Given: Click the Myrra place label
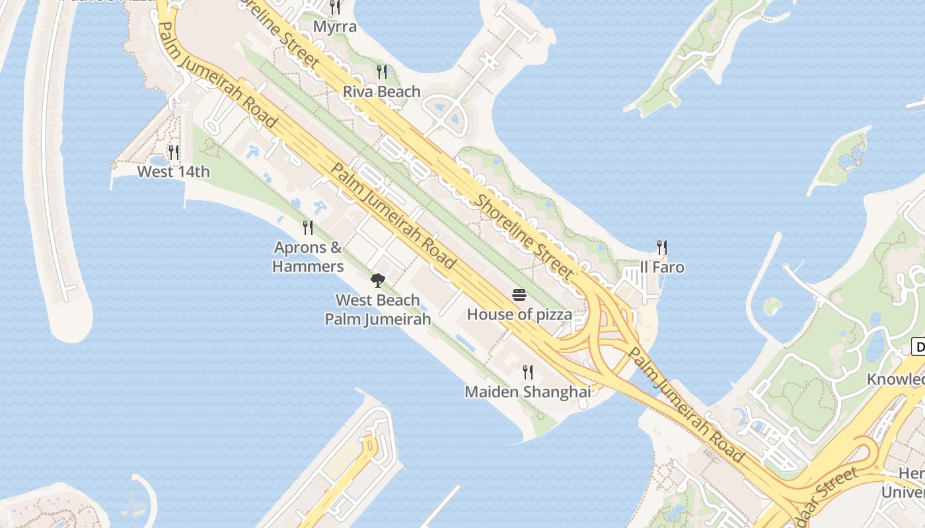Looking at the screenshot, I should pos(335,27).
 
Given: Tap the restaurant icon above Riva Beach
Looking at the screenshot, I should pos(382,71).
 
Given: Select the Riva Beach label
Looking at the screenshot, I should pos(382,92).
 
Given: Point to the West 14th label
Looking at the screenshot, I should pos(173,172).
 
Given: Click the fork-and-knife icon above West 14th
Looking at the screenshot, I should pos(173,152).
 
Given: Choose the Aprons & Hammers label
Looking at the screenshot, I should pos(308,257).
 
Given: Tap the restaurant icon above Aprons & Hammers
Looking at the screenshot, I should pos(308,228).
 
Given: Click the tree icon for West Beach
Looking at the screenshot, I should pos(377,280).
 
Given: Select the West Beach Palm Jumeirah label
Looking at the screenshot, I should pos(377,310).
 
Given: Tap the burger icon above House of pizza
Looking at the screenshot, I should pos(519,295).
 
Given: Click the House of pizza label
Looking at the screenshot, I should pos(519,314).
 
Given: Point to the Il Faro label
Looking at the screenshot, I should pos(662,267).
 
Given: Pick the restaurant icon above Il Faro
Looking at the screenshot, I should pos(662,247).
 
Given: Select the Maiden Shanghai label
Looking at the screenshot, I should pos(527,392).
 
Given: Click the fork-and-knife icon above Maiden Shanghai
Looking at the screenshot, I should pos(527,372).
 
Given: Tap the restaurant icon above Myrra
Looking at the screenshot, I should pos(335,7).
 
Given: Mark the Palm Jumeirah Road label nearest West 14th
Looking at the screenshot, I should pos(217,75).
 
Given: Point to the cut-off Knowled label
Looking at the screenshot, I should pos(896,379).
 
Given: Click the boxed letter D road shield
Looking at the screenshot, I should pos(918,346).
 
